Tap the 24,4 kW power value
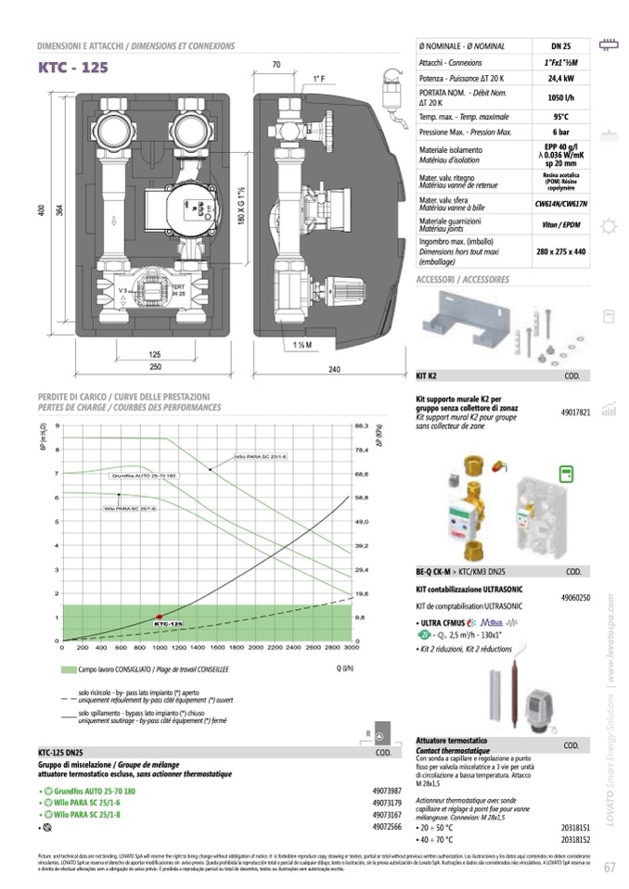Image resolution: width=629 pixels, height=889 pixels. point(560,79)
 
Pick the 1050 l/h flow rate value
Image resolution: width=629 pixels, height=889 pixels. point(560,98)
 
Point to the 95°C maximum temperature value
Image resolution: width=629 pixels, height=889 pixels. point(560,117)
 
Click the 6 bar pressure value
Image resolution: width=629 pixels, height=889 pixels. point(560,133)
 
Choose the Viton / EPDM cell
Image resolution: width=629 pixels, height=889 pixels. point(560,224)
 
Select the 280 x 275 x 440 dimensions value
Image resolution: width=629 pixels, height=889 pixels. point(560,251)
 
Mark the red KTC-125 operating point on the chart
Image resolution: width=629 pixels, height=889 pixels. point(159,616)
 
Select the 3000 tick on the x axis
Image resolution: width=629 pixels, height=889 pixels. point(351,647)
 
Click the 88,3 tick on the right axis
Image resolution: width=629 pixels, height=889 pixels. point(363,426)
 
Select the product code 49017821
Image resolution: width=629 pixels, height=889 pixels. point(575,412)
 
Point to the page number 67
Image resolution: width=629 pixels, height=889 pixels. point(610,868)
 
